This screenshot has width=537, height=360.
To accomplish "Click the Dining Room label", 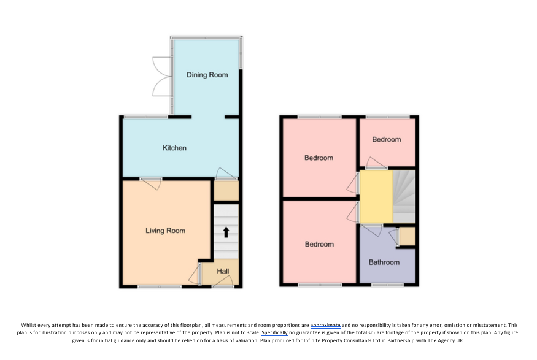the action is click(x=207, y=75).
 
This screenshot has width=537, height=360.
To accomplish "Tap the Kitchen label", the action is click(x=174, y=148).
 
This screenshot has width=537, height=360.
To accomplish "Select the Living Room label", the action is click(x=166, y=231).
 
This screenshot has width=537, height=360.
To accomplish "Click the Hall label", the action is click(x=223, y=271).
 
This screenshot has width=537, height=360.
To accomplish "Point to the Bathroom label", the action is click(x=384, y=262).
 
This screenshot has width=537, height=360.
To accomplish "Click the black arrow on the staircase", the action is click(x=226, y=232).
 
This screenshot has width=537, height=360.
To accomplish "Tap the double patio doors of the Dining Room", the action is click(x=162, y=76).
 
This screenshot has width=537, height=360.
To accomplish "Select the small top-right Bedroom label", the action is click(x=386, y=139).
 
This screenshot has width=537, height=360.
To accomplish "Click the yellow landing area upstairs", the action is click(x=376, y=196).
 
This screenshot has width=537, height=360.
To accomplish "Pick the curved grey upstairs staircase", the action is click(x=404, y=196).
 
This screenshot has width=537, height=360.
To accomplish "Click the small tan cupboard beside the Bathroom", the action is click(x=408, y=236).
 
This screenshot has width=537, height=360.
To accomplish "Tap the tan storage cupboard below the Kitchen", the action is click(x=226, y=190).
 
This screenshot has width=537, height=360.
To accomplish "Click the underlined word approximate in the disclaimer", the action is click(x=325, y=325).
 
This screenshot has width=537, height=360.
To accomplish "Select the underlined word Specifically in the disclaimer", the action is click(x=275, y=332).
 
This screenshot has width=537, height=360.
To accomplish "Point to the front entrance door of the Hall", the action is click(x=223, y=281).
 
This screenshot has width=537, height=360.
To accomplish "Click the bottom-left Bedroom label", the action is click(x=319, y=244).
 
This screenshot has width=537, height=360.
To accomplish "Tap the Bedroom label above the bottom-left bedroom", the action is click(x=319, y=158).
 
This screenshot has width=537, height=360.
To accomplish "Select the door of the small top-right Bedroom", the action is click(x=376, y=163).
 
